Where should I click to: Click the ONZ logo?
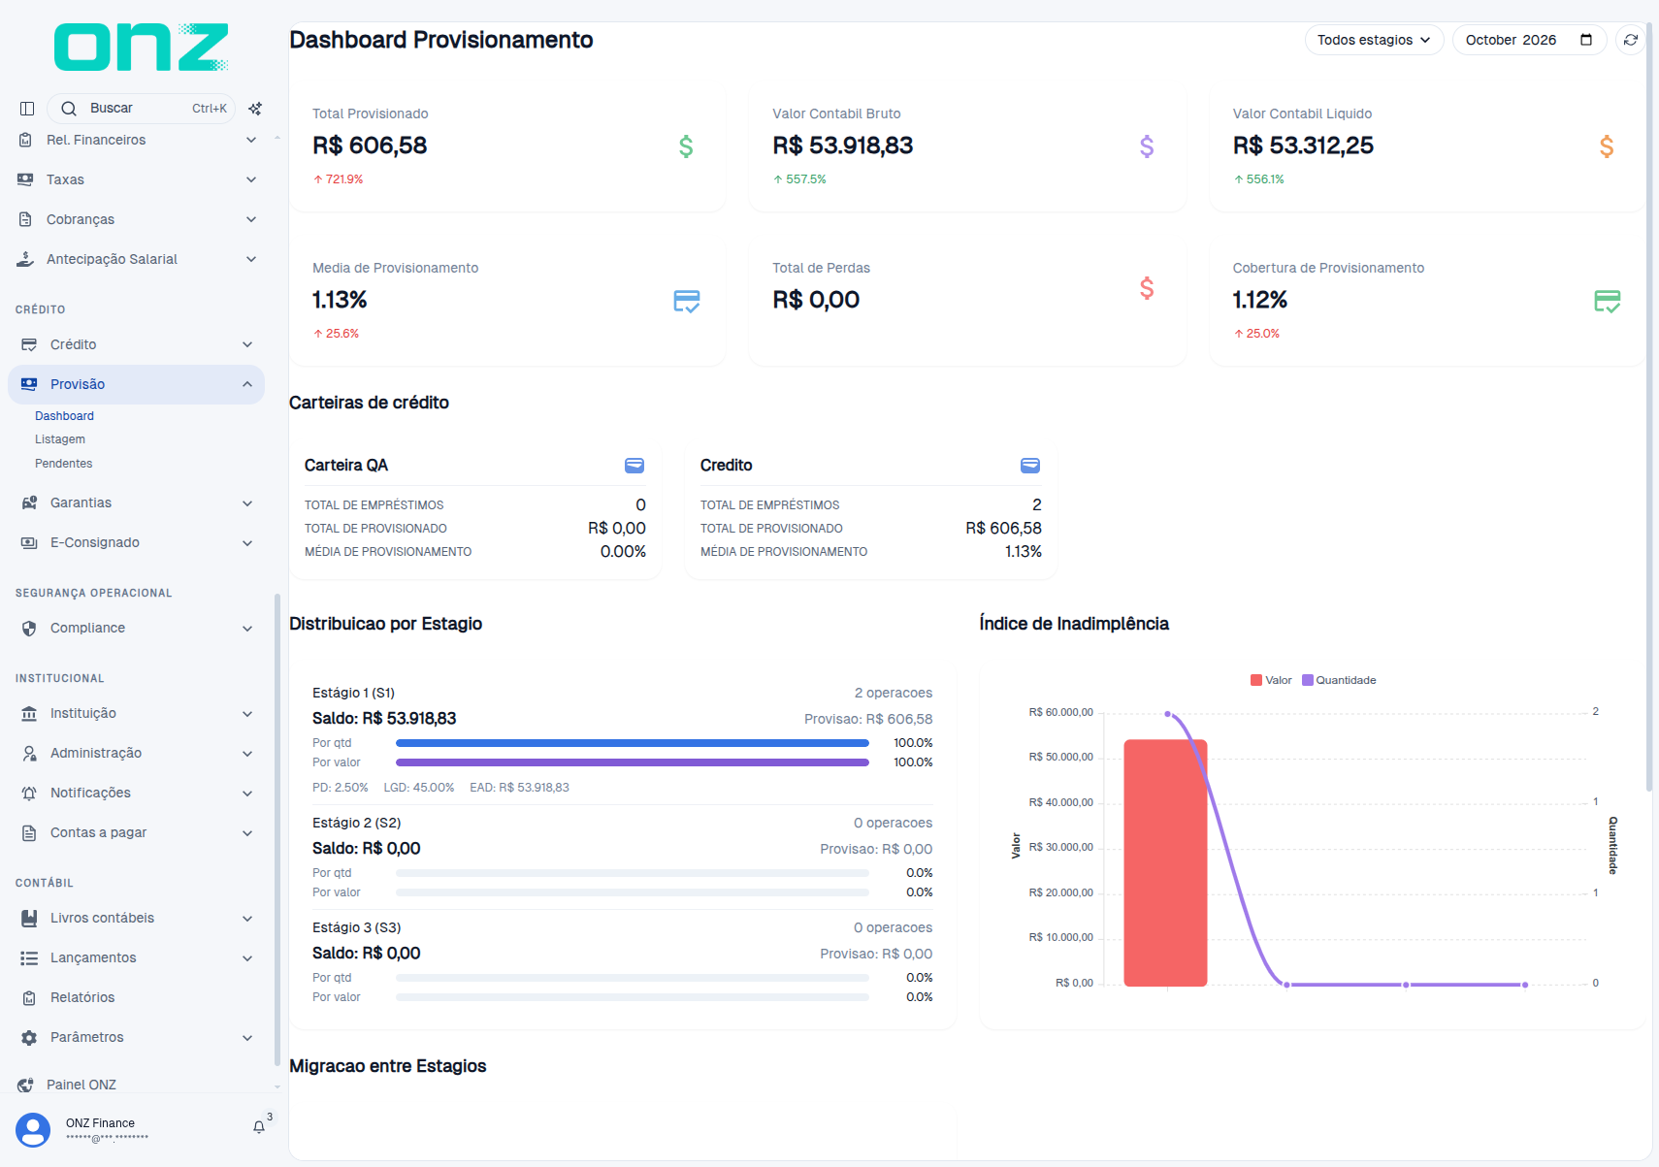(141, 47)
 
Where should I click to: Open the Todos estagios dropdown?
(1374, 40)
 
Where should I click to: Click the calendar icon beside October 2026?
(1585, 40)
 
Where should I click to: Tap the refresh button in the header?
(1630, 40)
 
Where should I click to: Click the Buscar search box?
(141, 108)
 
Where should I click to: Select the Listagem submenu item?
(60, 439)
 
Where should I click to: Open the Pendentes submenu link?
(64, 464)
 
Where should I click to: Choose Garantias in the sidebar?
(81, 502)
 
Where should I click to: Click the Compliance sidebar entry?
(87, 628)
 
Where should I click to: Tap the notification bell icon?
(258, 1127)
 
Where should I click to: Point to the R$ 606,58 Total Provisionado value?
(370, 146)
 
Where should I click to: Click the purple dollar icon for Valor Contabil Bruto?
(1147, 146)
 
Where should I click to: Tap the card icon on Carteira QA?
(634, 465)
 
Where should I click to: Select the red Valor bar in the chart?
(1165, 862)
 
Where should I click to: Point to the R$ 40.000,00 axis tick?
(1060, 802)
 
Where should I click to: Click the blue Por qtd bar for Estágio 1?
(633, 743)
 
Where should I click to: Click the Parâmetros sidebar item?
(86, 1037)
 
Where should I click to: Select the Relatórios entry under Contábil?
(82, 997)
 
